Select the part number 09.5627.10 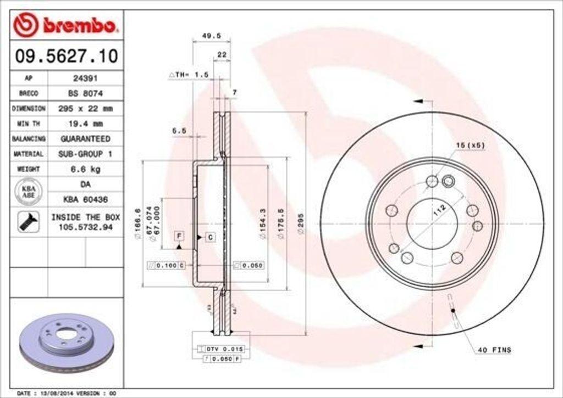coord(66,56)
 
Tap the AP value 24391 coord(85,78)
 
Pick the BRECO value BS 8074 coord(85,93)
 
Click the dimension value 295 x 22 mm coord(85,109)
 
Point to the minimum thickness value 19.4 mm coord(85,124)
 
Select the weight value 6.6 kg coord(85,169)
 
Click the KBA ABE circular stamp coord(28,192)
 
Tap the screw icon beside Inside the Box coord(28,222)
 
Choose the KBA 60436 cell coord(85,199)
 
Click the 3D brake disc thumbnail coord(66,343)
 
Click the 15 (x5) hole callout coord(470,145)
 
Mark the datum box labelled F coord(179,236)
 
